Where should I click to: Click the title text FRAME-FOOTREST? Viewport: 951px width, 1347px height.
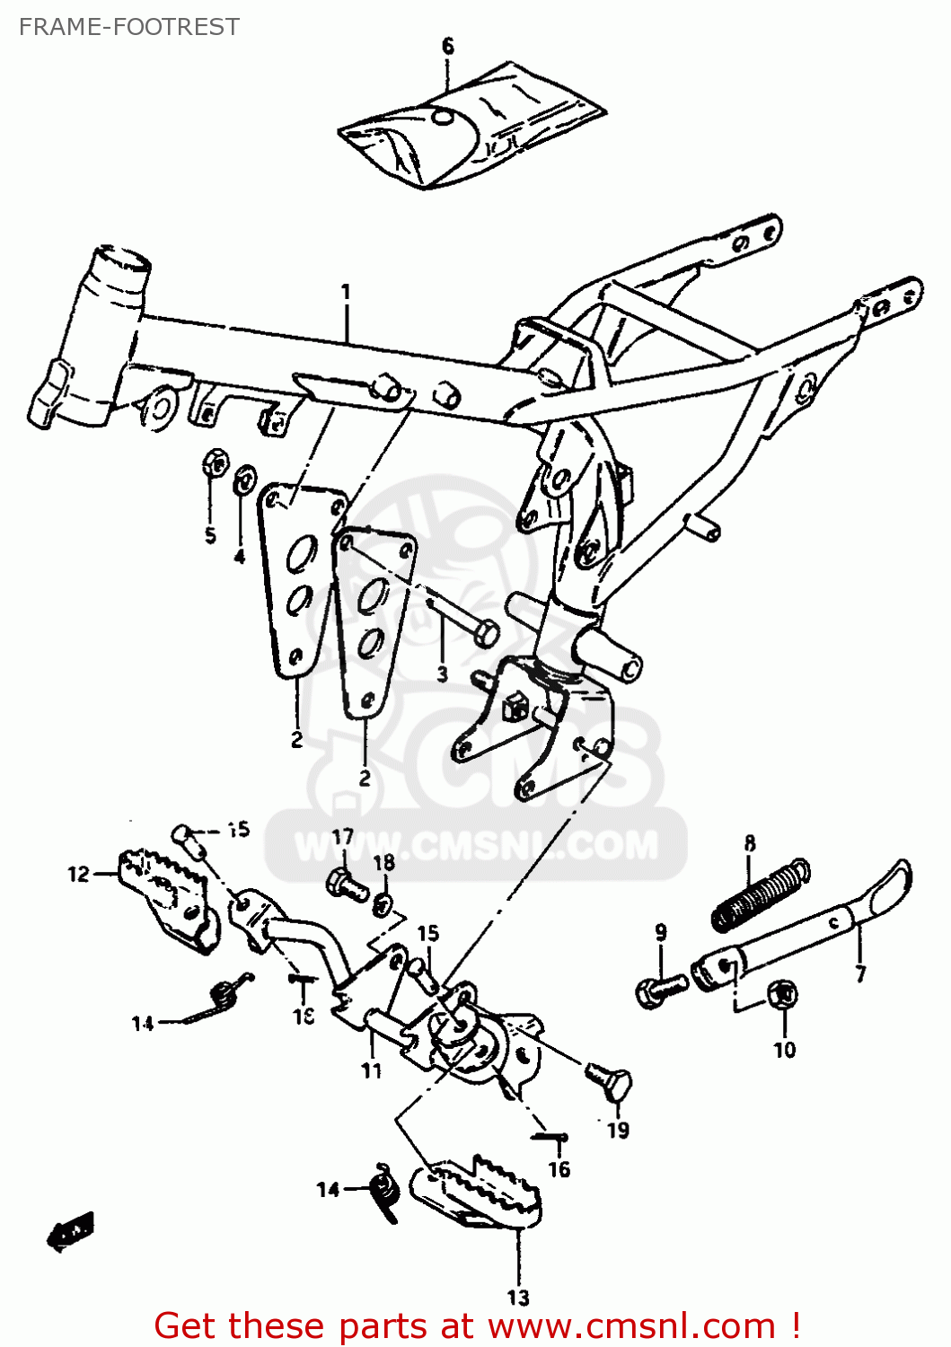129,27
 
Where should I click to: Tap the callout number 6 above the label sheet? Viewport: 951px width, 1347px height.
448,46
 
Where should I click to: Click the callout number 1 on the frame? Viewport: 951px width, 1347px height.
346,293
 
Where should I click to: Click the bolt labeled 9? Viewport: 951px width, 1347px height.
661,989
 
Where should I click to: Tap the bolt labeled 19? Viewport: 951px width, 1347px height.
610,1080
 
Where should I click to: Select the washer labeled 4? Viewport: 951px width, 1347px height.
242,480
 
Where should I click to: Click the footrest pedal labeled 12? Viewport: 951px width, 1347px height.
168,899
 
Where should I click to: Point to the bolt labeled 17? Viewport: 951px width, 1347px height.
347,885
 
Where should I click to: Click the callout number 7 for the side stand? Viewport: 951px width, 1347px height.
859,973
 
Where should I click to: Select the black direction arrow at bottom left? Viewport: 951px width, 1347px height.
70,1230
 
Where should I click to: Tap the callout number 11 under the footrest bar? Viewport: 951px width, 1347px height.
372,1070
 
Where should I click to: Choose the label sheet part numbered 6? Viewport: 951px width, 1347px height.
471,126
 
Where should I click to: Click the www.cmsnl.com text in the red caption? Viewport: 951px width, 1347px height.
631,1325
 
